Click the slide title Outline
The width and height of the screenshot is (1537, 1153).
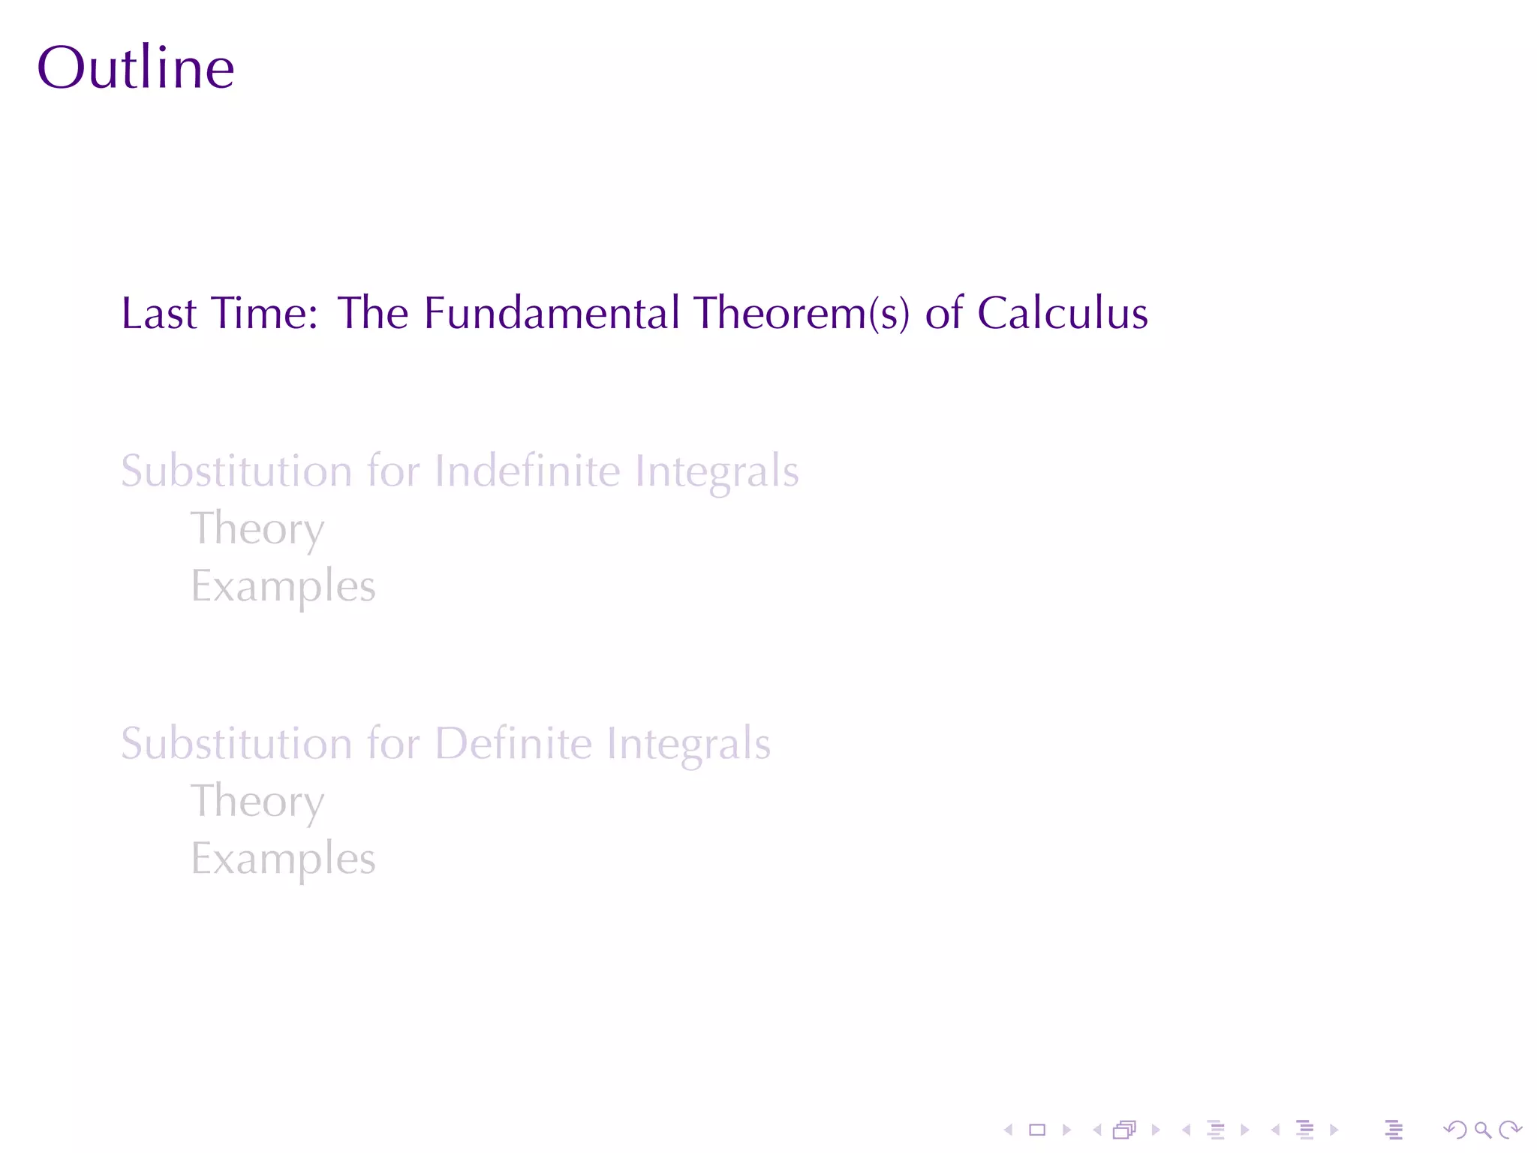click(136, 68)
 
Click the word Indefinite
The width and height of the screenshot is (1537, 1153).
click(528, 471)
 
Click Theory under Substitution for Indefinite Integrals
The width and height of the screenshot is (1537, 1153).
click(257, 529)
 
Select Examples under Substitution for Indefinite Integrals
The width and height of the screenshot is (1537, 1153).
click(283, 586)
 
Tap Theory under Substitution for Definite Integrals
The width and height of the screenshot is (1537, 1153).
click(257, 802)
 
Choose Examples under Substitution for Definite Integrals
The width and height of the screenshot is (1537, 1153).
click(283, 859)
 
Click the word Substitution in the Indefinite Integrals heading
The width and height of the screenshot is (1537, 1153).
click(236, 471)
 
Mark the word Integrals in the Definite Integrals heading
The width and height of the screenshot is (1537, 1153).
click(688, 743)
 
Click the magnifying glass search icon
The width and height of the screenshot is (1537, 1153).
click(1482, 1130)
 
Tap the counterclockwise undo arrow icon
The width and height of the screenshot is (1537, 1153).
click(1455, 1130)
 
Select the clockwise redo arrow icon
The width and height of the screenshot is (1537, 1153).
click(1509, 1130)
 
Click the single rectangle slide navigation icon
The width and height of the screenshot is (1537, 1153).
click(1037, 1130)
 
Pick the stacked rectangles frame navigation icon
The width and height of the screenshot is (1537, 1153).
click(1124, 1130)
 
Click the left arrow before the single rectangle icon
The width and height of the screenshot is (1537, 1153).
click(1009, 1130)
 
